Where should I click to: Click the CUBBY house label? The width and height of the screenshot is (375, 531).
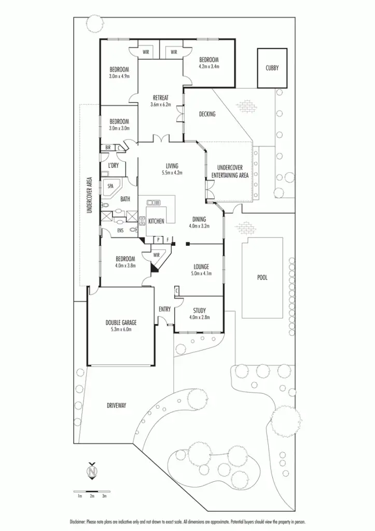[x=272, y=68]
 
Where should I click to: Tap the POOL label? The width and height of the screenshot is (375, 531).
[x=262, y=277]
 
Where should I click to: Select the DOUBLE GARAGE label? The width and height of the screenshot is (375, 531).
[x=121, y=323]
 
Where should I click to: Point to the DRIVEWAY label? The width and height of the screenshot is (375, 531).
[x=117, y=405]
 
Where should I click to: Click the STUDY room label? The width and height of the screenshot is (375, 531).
[x=199, y=311]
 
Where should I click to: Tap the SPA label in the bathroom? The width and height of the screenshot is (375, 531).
[x=110, y=186]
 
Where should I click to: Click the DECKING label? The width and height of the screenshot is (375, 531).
[x=207, y=114]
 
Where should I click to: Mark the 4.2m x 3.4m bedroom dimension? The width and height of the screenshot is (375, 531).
[x=209, y=66]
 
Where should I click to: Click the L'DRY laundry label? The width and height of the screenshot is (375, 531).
[x=113, y=165]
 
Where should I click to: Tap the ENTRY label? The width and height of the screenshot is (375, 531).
[x=164, y=310]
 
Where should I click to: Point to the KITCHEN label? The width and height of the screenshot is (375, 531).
[x=156, y=221]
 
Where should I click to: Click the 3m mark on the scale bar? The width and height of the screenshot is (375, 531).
[x=104, y=496]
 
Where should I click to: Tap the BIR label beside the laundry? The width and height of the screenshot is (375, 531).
[x=108, y=148]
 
